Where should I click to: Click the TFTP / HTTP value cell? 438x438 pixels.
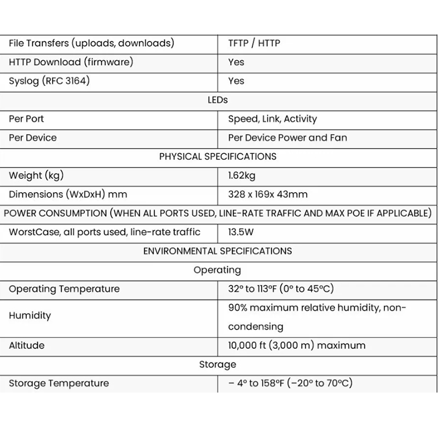[253, 43]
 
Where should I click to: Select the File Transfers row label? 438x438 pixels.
[91, 43]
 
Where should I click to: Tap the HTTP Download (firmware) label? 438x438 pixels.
[71, 62]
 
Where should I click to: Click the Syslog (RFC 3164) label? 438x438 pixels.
[49, 81]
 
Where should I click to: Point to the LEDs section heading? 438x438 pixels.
[217, 100]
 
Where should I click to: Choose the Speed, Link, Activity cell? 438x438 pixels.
[272, 119]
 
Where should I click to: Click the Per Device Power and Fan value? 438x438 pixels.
[287, 137]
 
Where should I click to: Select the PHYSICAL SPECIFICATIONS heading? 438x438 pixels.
[217, 157]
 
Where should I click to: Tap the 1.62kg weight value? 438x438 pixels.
[241, 176]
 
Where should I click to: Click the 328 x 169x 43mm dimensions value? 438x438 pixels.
[268, 194]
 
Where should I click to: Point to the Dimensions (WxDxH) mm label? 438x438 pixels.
[68, 194]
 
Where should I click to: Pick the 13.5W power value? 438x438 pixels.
[240, 232]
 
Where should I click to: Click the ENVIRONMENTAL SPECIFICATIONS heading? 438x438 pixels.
[217, 251]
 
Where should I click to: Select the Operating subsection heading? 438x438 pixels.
[217, 270]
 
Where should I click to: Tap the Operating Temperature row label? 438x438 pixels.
[64, 289]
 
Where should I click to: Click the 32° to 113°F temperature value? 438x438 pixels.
[281, 289]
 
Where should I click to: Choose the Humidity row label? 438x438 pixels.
[30, 315]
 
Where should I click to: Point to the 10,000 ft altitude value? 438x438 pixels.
[296, 345]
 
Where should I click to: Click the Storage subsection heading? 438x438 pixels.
[217, 364]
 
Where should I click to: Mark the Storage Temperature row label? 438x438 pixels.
[59, 383]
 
